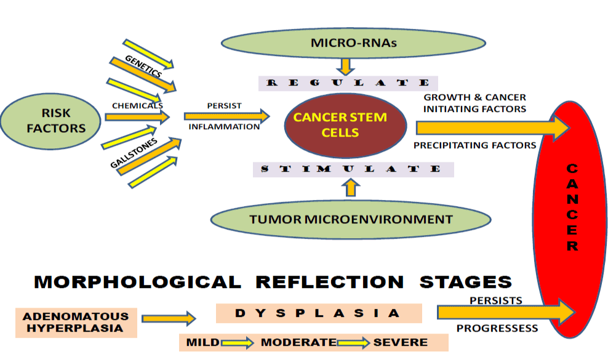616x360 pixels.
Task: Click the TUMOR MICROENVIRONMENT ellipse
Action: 351,218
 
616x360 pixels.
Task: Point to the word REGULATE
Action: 348,83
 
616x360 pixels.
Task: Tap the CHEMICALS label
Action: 137,105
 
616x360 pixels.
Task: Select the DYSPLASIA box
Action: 318,313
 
